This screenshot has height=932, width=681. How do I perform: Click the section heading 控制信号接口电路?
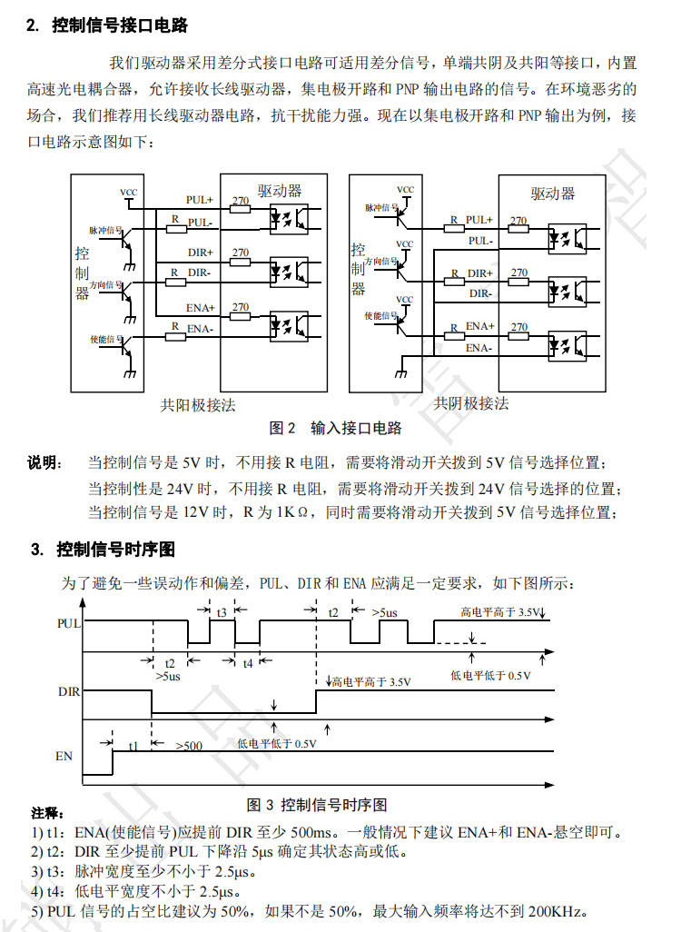click(x=120, y=25)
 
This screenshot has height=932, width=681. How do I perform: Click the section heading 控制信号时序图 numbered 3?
click(x=115, y=550)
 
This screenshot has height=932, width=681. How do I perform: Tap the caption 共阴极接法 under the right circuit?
click(x=471, y=402)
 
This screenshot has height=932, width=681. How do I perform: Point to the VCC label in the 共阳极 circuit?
click(x=129, y=193)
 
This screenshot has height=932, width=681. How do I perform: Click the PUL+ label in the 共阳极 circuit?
click(x=199, y=199)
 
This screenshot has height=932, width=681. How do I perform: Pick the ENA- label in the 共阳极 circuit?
click(x=200, y=329)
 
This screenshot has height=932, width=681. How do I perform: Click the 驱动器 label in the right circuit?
click(x=553, y=193)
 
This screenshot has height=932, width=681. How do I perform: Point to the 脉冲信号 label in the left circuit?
click(x=105, y=231)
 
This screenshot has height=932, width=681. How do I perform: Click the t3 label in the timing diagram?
click(x=222, y=612)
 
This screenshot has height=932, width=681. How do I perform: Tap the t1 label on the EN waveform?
click(x=133, y=744)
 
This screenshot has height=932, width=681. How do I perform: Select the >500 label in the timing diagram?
click(x=190, y=745)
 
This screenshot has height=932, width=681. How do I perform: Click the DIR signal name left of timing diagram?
click(x=69, y=691)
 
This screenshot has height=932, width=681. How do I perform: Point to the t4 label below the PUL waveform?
click(x=248, y=664)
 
